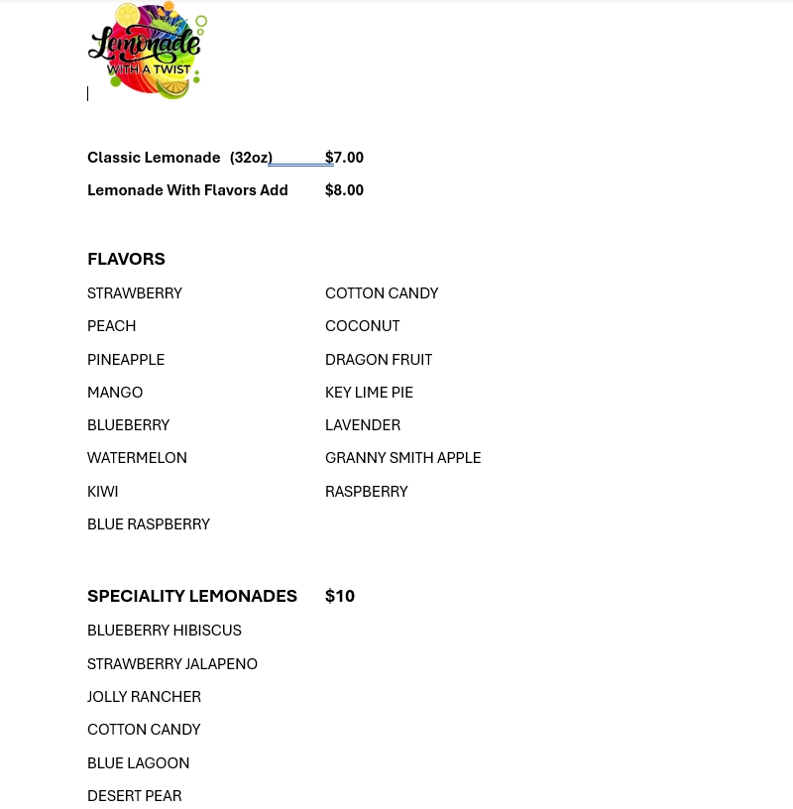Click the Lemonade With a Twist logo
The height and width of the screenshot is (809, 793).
[x=148, y=51]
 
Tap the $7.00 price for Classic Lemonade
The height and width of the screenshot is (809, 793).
[x=344, y=157]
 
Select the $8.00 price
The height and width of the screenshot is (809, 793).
[x=344, y=189]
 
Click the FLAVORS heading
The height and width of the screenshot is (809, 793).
[x=126, y=259]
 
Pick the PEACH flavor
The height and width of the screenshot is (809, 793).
[x=111, y=325]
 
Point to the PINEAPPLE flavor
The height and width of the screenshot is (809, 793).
[x=126, y=359]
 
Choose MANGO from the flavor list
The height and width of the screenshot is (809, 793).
[x=115, y=392]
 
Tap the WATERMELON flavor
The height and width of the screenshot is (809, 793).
[x=137, y=457]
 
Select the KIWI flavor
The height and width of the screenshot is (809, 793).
[x=102, y=491]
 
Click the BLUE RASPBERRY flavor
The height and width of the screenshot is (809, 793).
[x=149, y=523]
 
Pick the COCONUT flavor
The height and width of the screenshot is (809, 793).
[x=362, y=325]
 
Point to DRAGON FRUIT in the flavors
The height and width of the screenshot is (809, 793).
[x=379, y=359]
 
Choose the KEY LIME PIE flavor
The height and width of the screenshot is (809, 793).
[x=369, y=392]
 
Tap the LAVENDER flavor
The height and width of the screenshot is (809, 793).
[x=363, y=424]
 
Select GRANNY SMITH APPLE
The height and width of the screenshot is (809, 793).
[x=402, y=457]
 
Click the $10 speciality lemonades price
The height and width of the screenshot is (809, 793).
[x=339, y=596]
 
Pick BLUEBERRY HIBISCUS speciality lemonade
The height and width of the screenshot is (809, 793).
[x=164, y=630]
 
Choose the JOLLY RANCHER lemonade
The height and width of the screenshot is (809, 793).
[x=144, y=696]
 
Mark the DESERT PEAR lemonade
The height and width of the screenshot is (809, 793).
[x=134, y=795]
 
